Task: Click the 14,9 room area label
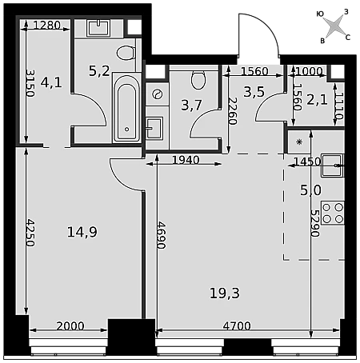click(x=82, y=232)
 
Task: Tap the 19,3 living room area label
click(x=225, y=293)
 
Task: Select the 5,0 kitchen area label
click(x=310, y=190)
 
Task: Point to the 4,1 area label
click(x=51, y=82)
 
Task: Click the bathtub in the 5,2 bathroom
click(x=126, y=107)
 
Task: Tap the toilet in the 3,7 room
click(x=198, y=80)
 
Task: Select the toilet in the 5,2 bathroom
click(x=126, y=53)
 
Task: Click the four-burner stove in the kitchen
click(x=333, y=213)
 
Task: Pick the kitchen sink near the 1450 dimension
click(x=333, y=166)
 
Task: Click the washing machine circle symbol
click(x=157, y=94)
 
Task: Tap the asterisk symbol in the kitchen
click(x=299, y=142)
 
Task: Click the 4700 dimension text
click(x=237, y=326)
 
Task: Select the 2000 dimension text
click(x=70, y=326)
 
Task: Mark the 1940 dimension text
click(x=186, y=160)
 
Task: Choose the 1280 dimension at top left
click(x=47, y=25)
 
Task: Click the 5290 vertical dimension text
click(x=315, y=223)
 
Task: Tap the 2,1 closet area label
click(x=317, y=100)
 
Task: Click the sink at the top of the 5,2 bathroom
click(x=98, y=28)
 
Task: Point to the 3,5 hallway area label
click(x=254, y=92)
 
